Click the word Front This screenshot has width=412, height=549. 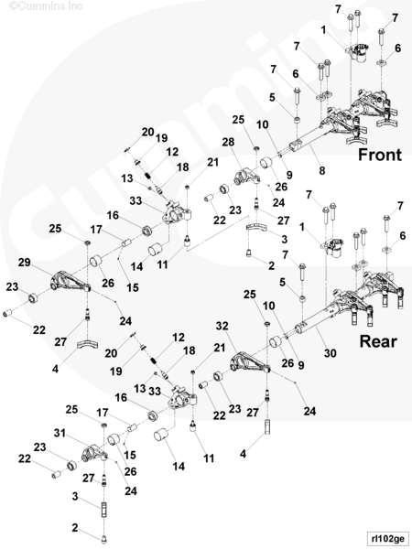click(x=380, y=155)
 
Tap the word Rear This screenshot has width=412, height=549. click(x=378, y=341)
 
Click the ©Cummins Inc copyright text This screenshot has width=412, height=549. click(x=46, y=6)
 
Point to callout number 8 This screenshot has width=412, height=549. click(x=322, y=170)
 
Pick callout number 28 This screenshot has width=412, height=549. click(x=228, y=142)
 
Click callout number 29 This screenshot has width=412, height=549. click(x=24, y=262)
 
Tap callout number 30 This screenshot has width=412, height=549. click(x=330, y=353)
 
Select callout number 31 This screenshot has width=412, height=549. click(x=60, y=433)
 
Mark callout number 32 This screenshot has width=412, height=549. click(x=222, y=326)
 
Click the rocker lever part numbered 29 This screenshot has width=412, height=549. click(x=70, y=283)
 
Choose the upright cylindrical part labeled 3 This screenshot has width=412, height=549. click(x=104, y=510)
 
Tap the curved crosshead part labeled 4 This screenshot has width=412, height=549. click(x=87, y=344)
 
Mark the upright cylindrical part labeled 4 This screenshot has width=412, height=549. click(x=267, y=427)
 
